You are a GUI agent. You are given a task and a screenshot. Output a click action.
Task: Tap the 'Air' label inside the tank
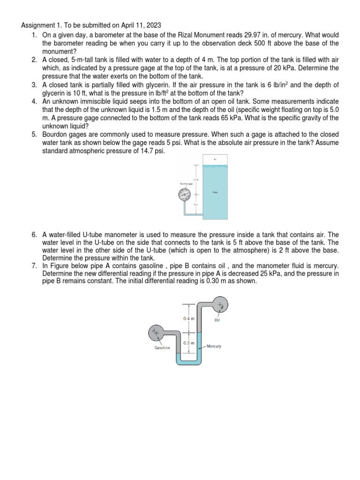click(216, 159)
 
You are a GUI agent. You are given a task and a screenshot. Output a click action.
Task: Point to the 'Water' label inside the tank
click(215, 192)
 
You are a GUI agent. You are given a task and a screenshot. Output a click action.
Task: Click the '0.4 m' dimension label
click(188, 318)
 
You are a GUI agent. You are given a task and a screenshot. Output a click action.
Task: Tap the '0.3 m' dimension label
click(188, 344)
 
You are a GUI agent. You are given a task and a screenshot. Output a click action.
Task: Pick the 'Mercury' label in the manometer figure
click(214, 346)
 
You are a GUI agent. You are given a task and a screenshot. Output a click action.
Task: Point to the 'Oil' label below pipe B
click(217, 321)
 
